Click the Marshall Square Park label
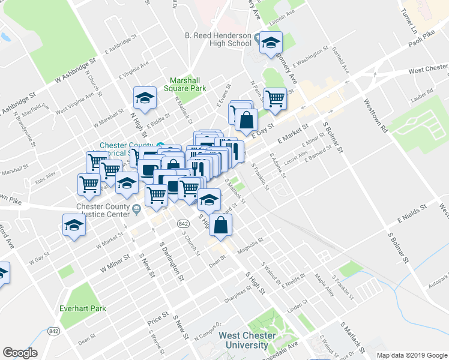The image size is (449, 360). coord(187,84)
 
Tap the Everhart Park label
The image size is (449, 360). coord(83,308)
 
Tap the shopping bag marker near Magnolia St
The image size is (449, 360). coord(221,226)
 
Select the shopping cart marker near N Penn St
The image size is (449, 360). coord(276,98)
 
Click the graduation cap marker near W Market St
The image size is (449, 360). coord(74,226)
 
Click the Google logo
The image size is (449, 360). coord(20,353)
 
